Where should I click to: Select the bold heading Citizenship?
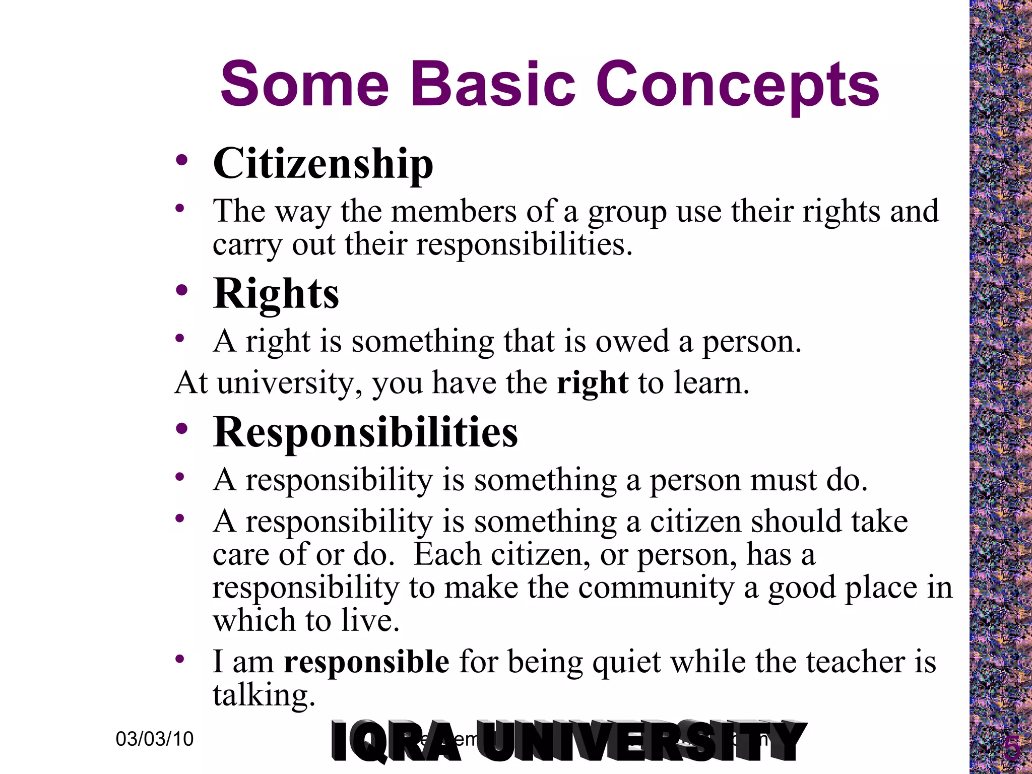(x=323, y=164)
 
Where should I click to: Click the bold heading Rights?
(x=276, y=294)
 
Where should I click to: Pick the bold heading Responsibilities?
(x=365, y=432)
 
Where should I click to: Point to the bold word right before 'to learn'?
(x=593, y=383)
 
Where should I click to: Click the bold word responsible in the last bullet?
(x=366, y=662)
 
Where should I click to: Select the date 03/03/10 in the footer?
(x=155, y=739)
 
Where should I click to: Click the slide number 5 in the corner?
(x=1011, y=749)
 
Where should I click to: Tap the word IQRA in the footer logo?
(x=396, y=742)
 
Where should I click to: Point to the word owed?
(x=632, y=342)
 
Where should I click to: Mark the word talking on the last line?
(x=264, y=696)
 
